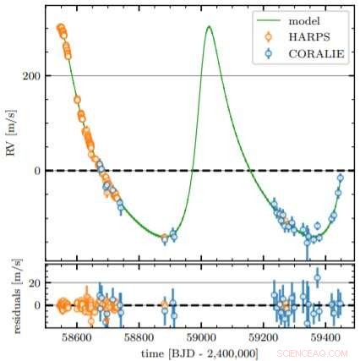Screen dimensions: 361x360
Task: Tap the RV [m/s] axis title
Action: tap(11, 135)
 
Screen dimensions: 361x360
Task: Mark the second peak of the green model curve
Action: tap(209, 27)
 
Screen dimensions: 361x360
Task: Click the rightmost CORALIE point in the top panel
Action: tap(340, 177)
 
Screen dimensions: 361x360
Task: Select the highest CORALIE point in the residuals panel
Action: tap(317, 277)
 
